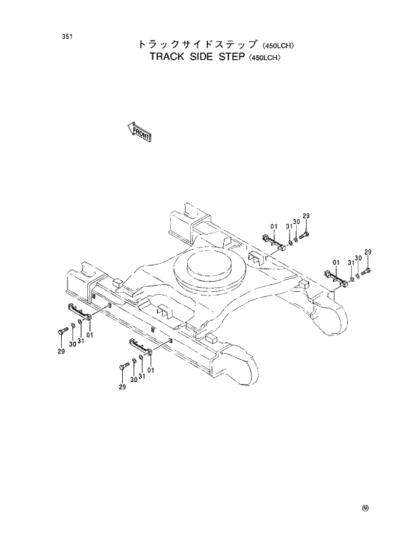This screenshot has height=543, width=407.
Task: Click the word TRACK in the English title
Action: (x=168, y=56)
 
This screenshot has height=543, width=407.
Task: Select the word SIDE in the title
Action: (x=208, y=56)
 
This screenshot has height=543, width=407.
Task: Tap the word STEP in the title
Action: (x=244, y=56)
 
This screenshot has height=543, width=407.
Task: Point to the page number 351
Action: (x=66, y=35)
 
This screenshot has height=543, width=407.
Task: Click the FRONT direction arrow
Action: (x=139, y=132)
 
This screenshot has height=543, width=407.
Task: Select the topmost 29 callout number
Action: (x=306, y=217)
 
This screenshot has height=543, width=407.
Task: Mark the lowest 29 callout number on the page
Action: (x=121, y=387)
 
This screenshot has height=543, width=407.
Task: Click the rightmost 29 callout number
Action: (x=368, y=252)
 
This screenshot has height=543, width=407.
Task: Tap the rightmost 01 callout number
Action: (x=336, y=263)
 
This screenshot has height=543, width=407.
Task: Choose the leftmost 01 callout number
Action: (x=89, y=335)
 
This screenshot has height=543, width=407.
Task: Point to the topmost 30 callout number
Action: (x=296, y=223)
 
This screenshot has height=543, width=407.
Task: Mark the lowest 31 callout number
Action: (x=141, y=376)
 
